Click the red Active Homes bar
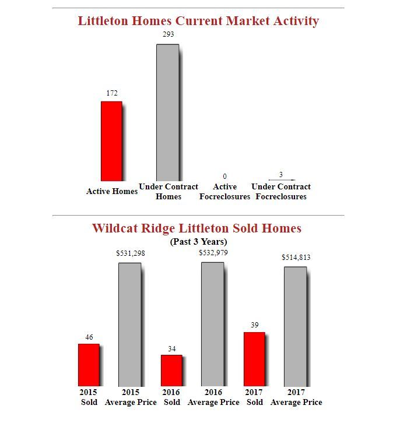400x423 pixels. point(111,141)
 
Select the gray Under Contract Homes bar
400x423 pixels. point(167,112)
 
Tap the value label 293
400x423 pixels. point(168,34)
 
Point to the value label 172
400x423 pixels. point(112,93)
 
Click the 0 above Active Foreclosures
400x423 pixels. point(225,176)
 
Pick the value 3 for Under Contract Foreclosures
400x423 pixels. point(281,175)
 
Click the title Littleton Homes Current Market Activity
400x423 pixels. point(198,21)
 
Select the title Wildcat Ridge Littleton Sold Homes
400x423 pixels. point(197,228)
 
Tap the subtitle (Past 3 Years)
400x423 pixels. point(198,241)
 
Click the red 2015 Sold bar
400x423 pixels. point(89,365)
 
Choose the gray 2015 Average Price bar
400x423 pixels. point(130,324)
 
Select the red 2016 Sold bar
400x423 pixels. point(171,370)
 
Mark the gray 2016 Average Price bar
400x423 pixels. point(213,324)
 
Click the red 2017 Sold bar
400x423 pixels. point(254,359)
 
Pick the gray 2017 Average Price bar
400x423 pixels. point(296,326)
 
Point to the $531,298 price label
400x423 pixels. point(131,253)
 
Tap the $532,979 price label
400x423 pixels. point(213,253)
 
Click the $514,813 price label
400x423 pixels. point(296,257)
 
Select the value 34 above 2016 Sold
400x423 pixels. point(171,348)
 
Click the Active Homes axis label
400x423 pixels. point(112,191)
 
